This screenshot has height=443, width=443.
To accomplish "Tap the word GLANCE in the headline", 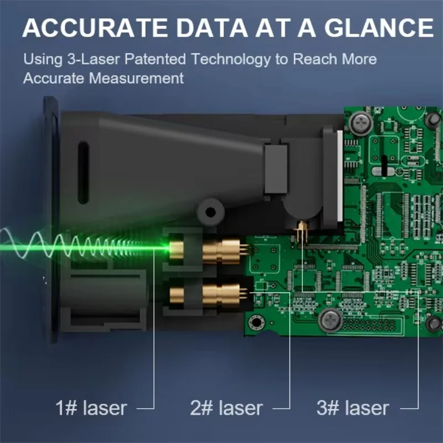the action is point(379,28).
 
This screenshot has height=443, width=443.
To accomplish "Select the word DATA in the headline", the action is point(212,28).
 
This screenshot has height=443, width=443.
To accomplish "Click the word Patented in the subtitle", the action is point(155,59).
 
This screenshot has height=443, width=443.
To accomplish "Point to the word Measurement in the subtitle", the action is point(136,78).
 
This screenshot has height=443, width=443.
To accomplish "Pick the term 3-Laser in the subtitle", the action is point(94,59).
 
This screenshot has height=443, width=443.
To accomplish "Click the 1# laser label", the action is point(91,408).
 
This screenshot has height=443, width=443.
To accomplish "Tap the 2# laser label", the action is point(226,408).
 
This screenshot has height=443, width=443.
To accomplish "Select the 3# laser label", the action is point(353,408).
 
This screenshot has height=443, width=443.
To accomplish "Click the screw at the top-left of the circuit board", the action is point(360,123).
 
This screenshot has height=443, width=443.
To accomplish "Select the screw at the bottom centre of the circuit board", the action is point(330,320).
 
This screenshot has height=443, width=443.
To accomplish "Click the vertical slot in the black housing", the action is point(84,172).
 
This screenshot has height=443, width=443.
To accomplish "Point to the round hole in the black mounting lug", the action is point(210,212).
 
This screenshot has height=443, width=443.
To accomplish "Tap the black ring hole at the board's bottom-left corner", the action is point(256,322).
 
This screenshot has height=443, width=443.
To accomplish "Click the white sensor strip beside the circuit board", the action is point(340,175).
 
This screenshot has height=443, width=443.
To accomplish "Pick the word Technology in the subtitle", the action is point(230,59).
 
